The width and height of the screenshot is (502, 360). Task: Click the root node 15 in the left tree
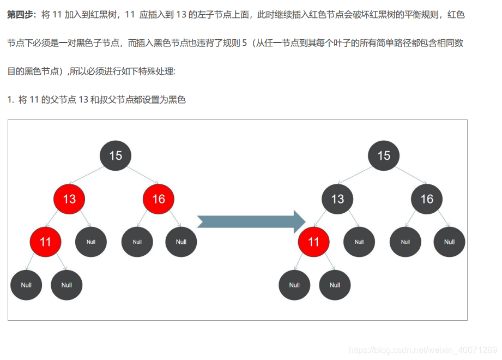[x=116, y=155]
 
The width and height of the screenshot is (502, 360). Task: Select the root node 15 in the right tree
[x=384, y=155]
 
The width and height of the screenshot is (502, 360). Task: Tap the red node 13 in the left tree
[x=69, y=199]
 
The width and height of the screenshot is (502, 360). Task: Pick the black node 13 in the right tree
[x=337, y=199]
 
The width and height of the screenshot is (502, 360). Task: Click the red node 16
[x=159, y=199]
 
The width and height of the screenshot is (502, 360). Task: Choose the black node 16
[x=427, y=199]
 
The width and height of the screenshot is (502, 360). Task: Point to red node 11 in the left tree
[x=45, y=242]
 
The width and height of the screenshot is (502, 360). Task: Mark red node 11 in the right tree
[x=313, y=242]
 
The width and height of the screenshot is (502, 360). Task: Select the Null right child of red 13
[x=91, y=242]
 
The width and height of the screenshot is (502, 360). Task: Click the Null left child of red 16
[x=137, y=242]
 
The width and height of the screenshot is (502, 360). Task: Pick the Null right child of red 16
[x=181, y=242]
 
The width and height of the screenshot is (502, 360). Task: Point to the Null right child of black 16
[x=449, y=242]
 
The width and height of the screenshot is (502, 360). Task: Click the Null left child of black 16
[x=405, y=242]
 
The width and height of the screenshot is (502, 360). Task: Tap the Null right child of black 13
[x=359, y=242]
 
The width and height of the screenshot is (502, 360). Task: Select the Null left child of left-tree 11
[x=26, y=285]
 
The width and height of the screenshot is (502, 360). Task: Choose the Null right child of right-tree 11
[x=335, y=285]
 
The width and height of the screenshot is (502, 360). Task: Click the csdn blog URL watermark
[x=422, y=350]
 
